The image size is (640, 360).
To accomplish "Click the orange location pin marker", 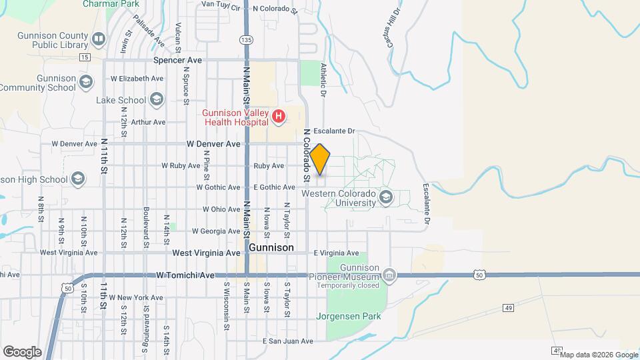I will (x=320, y=159).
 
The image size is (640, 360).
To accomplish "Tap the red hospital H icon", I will (x=279, y=118).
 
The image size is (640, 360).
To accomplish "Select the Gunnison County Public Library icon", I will (x=99, y=39).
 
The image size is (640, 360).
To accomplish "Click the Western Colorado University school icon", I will (x=385, y=197).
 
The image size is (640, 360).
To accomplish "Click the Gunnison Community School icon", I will (x=85, y=83).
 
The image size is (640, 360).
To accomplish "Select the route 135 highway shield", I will (x=247, y=40).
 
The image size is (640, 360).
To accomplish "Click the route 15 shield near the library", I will (x=84, y=57).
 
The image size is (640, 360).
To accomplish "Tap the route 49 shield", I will (x=508, y=308).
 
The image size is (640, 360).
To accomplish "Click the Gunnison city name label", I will (x=271, y=247).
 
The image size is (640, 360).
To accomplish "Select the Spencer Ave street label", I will (x=177, y=60).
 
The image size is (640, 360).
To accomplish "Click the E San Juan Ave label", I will (x=287, y=341).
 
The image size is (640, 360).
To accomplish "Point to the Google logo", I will (x=22, y=351).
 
